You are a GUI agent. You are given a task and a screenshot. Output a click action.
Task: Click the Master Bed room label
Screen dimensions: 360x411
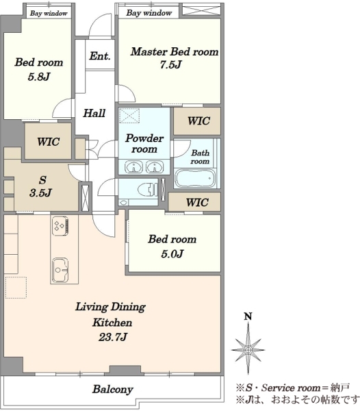coord(175,51)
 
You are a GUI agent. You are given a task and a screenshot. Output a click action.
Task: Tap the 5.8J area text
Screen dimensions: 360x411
coord(39,77)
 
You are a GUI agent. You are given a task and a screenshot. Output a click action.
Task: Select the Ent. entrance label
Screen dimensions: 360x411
coord(100,56)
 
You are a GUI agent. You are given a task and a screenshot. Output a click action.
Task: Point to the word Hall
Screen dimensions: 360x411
coord(94,113)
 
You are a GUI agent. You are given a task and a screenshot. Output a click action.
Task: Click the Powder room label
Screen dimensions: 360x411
coord(144,144)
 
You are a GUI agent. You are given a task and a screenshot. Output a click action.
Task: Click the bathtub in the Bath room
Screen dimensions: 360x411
coord(195,178)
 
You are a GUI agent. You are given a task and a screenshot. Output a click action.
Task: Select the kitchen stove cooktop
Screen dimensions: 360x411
coord(61,225)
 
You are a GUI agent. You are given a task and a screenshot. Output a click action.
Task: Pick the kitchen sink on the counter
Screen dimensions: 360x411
coord(60,270)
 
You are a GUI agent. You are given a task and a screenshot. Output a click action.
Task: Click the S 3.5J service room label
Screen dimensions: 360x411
coord(40,186)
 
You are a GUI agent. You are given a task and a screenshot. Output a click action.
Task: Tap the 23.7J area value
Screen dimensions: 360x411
coord(113,337)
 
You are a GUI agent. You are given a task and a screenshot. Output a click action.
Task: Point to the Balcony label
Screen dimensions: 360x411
coord(112,389)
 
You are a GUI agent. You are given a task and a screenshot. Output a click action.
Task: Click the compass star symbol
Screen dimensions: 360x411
coord(248,349)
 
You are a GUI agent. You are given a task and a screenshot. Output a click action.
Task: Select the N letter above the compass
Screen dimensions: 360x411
coord(248,316)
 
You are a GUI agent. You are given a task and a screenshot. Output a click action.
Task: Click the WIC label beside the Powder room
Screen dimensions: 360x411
coord(198,121)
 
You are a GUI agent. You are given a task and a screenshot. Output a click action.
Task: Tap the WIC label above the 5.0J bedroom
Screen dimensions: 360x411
coord(197,202)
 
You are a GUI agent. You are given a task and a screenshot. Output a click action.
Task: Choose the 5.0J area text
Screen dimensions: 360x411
coord(172,253)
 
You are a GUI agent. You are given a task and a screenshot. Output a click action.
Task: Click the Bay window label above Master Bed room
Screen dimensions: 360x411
coord(149,13)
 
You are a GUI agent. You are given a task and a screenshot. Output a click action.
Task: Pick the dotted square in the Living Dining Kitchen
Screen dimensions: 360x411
coord(16,288)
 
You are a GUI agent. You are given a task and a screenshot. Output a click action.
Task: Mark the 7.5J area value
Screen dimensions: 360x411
coord(170,64)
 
